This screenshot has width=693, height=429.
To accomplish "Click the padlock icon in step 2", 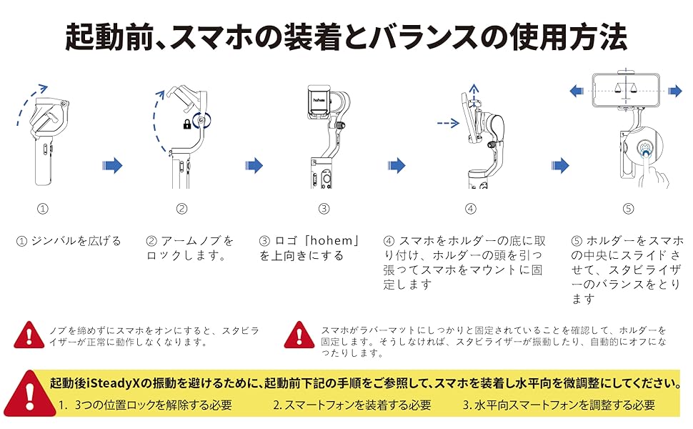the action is point(186,124).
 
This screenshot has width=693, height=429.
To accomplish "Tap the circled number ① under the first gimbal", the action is point(43,209).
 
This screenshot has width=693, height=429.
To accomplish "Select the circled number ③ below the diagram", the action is point(324,209).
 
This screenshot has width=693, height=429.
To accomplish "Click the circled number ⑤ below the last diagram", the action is point(628,209).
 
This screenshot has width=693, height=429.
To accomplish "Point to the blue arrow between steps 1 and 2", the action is point(112,166).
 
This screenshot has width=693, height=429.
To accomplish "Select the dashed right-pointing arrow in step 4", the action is point(447,124).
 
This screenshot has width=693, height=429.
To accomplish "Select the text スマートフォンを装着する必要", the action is point(352,405).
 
